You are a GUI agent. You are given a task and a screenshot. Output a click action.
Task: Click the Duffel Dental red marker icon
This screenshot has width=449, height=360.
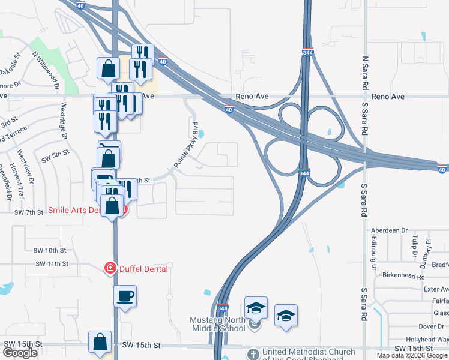coord(110,268)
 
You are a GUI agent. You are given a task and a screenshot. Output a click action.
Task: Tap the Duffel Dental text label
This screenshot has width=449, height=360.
coord(142,269)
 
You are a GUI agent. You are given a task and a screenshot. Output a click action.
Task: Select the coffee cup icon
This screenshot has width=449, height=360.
coord(125,296)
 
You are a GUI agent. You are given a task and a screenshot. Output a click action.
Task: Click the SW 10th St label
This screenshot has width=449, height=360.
coord(50,250)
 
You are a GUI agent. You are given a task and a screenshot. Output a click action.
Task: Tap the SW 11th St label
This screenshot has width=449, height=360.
coord(52,263)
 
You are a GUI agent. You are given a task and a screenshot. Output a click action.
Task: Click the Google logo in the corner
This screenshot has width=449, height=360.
coord(20,353)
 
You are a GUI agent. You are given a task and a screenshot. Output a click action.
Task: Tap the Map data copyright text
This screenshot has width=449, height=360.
coord(412,355)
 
